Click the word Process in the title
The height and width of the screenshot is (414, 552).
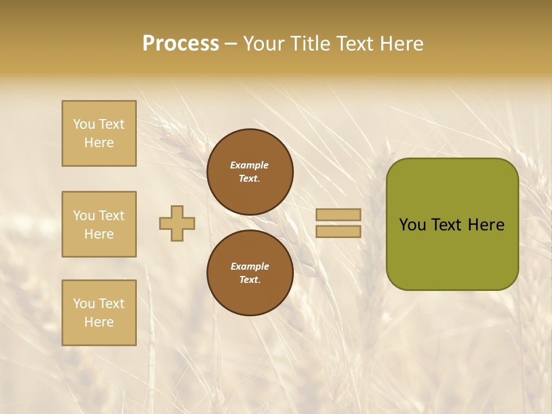pyautogui.click(x=181, y=44)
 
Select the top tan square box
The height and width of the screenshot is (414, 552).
pyautogui.click(x=99, y=133)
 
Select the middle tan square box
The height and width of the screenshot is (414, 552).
pyautogui.click(x=99, y=224)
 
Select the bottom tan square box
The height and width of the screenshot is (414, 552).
pyautogui.click(x=99, y=313)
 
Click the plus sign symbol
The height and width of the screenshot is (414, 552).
pyautogui.click(x=177, y=223)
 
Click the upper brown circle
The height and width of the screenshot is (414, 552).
pyautogui.click(x=250, y=172)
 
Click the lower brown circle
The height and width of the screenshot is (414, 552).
pyautogui.click(x=250, y=273)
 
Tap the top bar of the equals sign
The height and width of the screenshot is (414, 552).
pyautogui.click(x=339, y=214)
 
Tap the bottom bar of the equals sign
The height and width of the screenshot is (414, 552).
pyautogui.click(x=339, y=231)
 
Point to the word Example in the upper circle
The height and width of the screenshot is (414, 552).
pyautogui.click(x=250, y=165)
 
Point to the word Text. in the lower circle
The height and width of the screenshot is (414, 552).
pyautogui.click(x=250, y=280)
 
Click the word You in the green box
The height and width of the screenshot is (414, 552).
pyautogui.click(x=412, y=225)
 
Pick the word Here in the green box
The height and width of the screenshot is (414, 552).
pyautogui.click(x=486, y=225)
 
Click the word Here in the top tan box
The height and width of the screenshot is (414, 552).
pyautogui.click(x=99, y=143)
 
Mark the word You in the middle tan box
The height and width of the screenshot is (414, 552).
pyautogui.click(x=84, y=216)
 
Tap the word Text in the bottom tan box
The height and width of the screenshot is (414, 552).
pyautogui.click(x=112, y=304)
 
